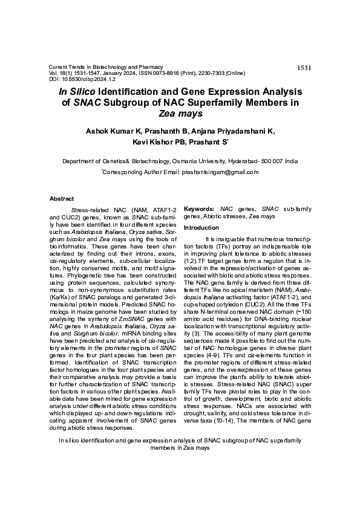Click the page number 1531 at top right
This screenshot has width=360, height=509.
304,68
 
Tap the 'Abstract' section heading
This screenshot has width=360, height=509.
61,199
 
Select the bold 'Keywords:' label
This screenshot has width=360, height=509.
200,209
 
